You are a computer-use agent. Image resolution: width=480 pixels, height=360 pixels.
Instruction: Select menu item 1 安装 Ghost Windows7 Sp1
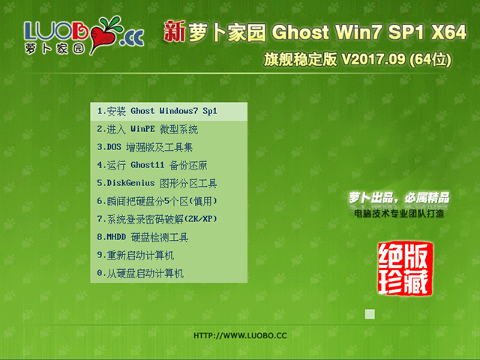[x=157, y=111]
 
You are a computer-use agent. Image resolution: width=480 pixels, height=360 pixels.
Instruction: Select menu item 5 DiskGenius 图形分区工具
[x=157, y=183]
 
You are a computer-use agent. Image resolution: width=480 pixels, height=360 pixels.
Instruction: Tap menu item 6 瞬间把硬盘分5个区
[x=157, y=201]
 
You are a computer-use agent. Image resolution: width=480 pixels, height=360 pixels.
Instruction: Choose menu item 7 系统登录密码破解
[x=157, y=219]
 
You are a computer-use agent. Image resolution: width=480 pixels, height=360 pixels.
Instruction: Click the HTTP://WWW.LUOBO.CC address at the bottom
[x=240, y=335]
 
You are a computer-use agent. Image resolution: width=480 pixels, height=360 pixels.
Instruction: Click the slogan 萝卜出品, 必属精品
[x=399, y=198]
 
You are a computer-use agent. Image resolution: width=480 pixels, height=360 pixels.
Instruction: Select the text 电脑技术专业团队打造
[x=399, y=214]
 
